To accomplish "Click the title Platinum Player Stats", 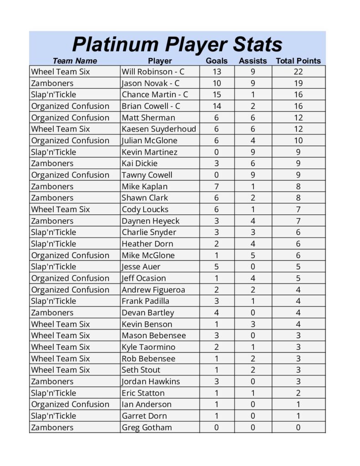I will tap(177, 45).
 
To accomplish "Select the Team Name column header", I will tap(75, 61).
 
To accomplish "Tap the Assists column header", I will tap(253, 61).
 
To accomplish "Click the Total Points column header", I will tap(298, 61).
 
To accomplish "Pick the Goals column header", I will tap(217, 61).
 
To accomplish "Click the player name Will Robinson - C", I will tap(153, 72).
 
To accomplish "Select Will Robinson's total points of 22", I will tap(298, 72).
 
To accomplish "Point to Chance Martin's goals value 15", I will tap(217, 95).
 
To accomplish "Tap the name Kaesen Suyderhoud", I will tap(158, 129).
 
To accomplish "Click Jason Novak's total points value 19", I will tap(298, 83).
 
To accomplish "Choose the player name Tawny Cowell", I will tap(147, 175).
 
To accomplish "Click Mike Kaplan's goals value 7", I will tap(217, 187).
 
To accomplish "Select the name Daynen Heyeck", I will tap(150, 221).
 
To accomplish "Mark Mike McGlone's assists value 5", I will tap(253, 255).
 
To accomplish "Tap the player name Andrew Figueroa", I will tap(153, 290).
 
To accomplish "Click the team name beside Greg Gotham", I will tap(52, 427).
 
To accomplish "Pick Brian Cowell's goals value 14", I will tap(217, 106).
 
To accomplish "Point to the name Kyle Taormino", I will tap(148, 347).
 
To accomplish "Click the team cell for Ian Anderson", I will tap(70, 405).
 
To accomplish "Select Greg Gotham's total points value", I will tap(298, 427).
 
